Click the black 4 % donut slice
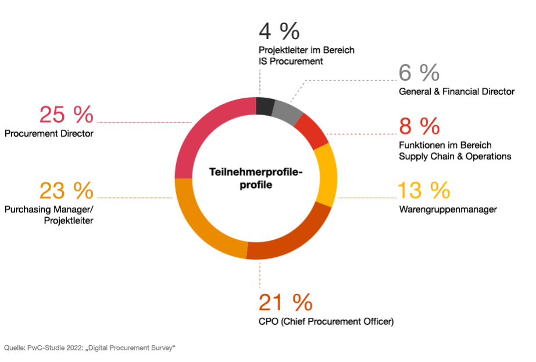click(265, 107)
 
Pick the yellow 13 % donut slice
click(326, 175)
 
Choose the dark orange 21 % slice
click(288, 239)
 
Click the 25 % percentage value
click(66, 115)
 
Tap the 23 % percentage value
click(66, 190)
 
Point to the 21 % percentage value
click(285, 302)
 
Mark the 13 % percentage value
click(424, 190)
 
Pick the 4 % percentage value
click(279, 29)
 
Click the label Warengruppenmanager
click(448, 210)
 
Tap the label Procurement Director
click(49, 134)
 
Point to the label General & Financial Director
click(456, 91)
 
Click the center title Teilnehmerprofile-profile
click(256, 179)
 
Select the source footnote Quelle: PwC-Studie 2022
click(90, 347)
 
